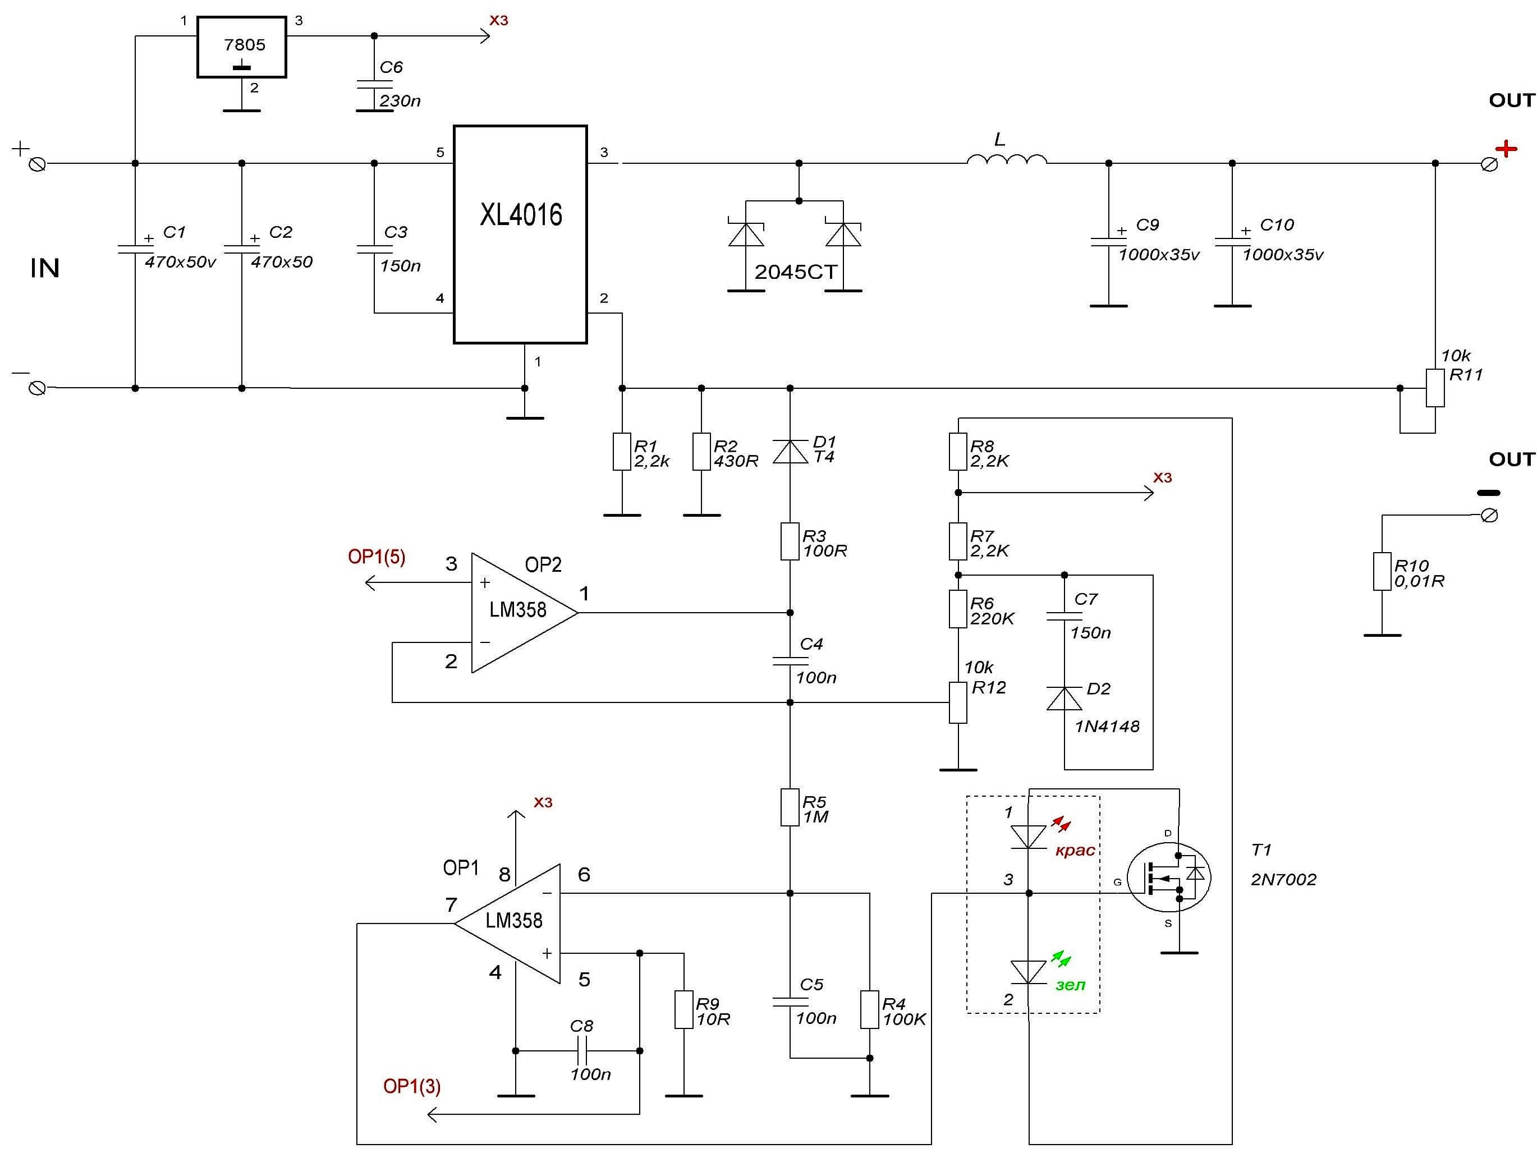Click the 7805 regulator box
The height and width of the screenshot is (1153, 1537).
point(241,47)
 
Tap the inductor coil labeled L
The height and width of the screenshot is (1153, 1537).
point(1007,160)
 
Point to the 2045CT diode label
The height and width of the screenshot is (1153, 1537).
point(796,272)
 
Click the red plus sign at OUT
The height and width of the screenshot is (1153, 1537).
point(1507,149)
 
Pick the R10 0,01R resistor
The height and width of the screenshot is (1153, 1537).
point(1382,572)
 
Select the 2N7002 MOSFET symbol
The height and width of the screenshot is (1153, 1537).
point(1169,878)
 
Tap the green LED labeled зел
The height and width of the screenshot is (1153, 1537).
point(1029,972)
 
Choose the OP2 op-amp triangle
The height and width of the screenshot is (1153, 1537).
point(524,613)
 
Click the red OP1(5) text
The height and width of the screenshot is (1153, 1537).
point(377,557)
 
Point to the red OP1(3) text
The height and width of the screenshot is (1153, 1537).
point(412,1086)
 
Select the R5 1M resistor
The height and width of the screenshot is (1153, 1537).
point(790,807)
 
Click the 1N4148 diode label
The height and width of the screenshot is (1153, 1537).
point(1107,727)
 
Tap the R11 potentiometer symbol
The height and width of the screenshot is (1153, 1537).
point(1435,388)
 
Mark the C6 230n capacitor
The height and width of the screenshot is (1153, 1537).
point(374,96)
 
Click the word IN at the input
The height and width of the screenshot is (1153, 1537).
point(45,268)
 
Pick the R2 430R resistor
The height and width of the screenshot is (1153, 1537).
point(702,452)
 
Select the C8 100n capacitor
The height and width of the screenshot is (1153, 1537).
point(582,1050)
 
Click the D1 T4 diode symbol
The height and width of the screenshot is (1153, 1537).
point(790,452)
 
